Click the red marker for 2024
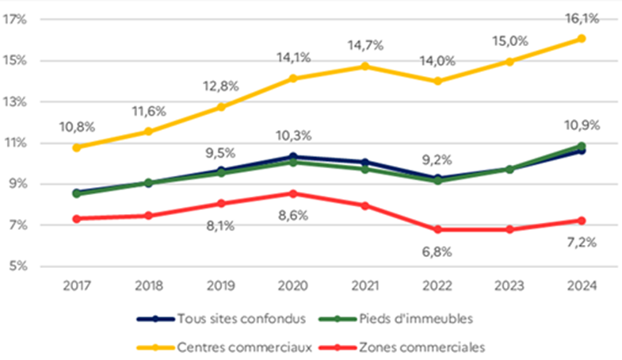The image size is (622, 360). tap(581, 220)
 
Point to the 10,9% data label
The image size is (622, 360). tap(581, 125)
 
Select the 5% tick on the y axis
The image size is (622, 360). tap(17, 266)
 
